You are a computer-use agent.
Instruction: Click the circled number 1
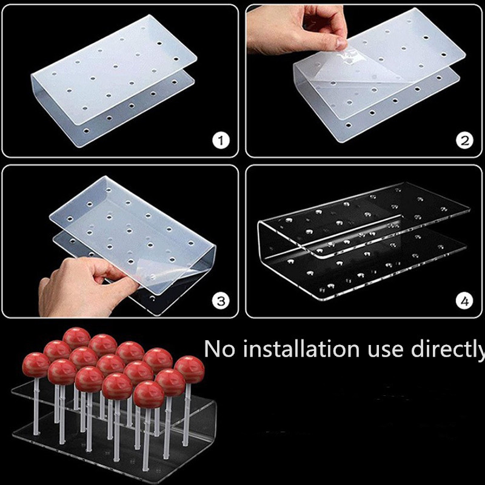pos(221,141)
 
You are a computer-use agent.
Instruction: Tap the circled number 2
pos(464,141)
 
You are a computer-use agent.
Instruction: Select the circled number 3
pos(221,301)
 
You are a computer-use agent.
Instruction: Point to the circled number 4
pos(464,301)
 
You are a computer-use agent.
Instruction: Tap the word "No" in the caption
pos(219,349)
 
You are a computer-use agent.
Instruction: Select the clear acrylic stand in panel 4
pos(363,241)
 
